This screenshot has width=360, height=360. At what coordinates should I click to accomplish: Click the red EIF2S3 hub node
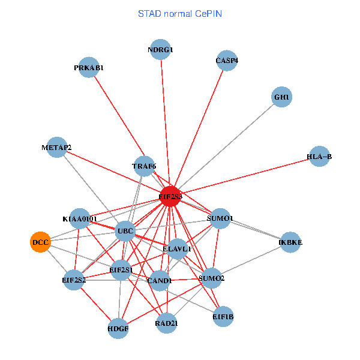tap(171, 196)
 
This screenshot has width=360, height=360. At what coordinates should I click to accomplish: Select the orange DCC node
tap(40, 242)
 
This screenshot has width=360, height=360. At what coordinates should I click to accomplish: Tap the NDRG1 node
tap(160, 50)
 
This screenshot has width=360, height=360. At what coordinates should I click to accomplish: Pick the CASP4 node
tap(227, 61)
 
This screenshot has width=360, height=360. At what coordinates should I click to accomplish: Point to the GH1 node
tap(281, 97)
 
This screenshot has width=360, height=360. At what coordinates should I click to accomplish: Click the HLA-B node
tap(319, 157)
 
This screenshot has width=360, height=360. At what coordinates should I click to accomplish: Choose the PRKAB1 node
tap(89, 68)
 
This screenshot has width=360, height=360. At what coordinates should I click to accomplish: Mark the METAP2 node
tap(56, 148)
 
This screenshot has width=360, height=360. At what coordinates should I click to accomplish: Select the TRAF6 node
tap(144, 166)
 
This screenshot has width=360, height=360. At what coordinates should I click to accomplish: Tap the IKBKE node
tap(290, 242)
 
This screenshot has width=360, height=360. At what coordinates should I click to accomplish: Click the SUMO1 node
tap(220, 219)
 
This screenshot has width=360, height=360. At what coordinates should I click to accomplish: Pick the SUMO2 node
tap(211, 278)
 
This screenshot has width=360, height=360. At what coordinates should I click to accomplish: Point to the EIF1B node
tap(223, 316)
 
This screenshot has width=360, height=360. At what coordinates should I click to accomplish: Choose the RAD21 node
tap(166, 323)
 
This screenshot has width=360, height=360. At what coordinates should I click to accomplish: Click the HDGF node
tap(118, 328)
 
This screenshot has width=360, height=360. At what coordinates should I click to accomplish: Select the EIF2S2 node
tap(74, 280)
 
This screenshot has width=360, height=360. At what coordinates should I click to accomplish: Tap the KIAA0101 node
tap(80, 219)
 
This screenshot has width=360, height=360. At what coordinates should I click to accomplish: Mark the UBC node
tap(125, 231)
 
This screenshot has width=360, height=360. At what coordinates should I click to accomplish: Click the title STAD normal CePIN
tap(180, 13)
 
